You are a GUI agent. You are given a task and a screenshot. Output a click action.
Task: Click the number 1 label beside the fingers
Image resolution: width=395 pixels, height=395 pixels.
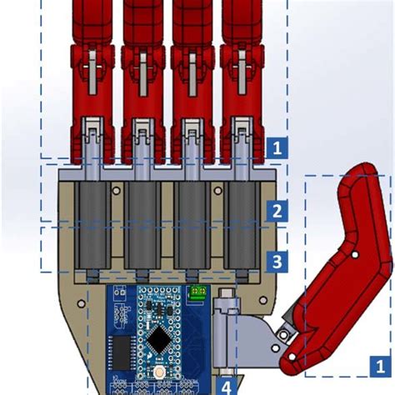[x=278, y=148]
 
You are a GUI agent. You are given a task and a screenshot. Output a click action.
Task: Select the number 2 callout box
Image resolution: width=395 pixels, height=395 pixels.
[x=277, y=211]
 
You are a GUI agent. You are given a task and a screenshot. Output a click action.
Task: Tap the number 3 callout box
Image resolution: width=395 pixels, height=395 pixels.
[x=277, y=262]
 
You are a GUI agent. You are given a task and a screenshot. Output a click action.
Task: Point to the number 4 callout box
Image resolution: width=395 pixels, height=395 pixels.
[x=226, y=386]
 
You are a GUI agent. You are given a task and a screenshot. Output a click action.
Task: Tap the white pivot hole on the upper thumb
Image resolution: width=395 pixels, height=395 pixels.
[x=355, y=255]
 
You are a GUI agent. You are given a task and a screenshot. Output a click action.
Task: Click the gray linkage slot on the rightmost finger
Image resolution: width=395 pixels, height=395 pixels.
[x=241, y=67]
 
